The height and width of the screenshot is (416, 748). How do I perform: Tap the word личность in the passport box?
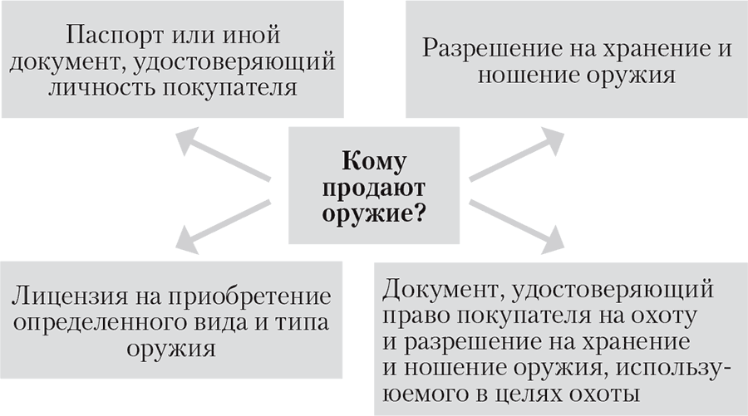[102, 88]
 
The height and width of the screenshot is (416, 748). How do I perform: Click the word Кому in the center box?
[374, 162]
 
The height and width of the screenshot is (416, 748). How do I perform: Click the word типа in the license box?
[302, 323]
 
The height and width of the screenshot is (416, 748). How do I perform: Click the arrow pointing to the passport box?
[223, 154]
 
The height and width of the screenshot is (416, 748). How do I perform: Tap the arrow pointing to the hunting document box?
[517, 226]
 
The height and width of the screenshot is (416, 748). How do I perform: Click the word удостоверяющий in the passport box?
[234, 63]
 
